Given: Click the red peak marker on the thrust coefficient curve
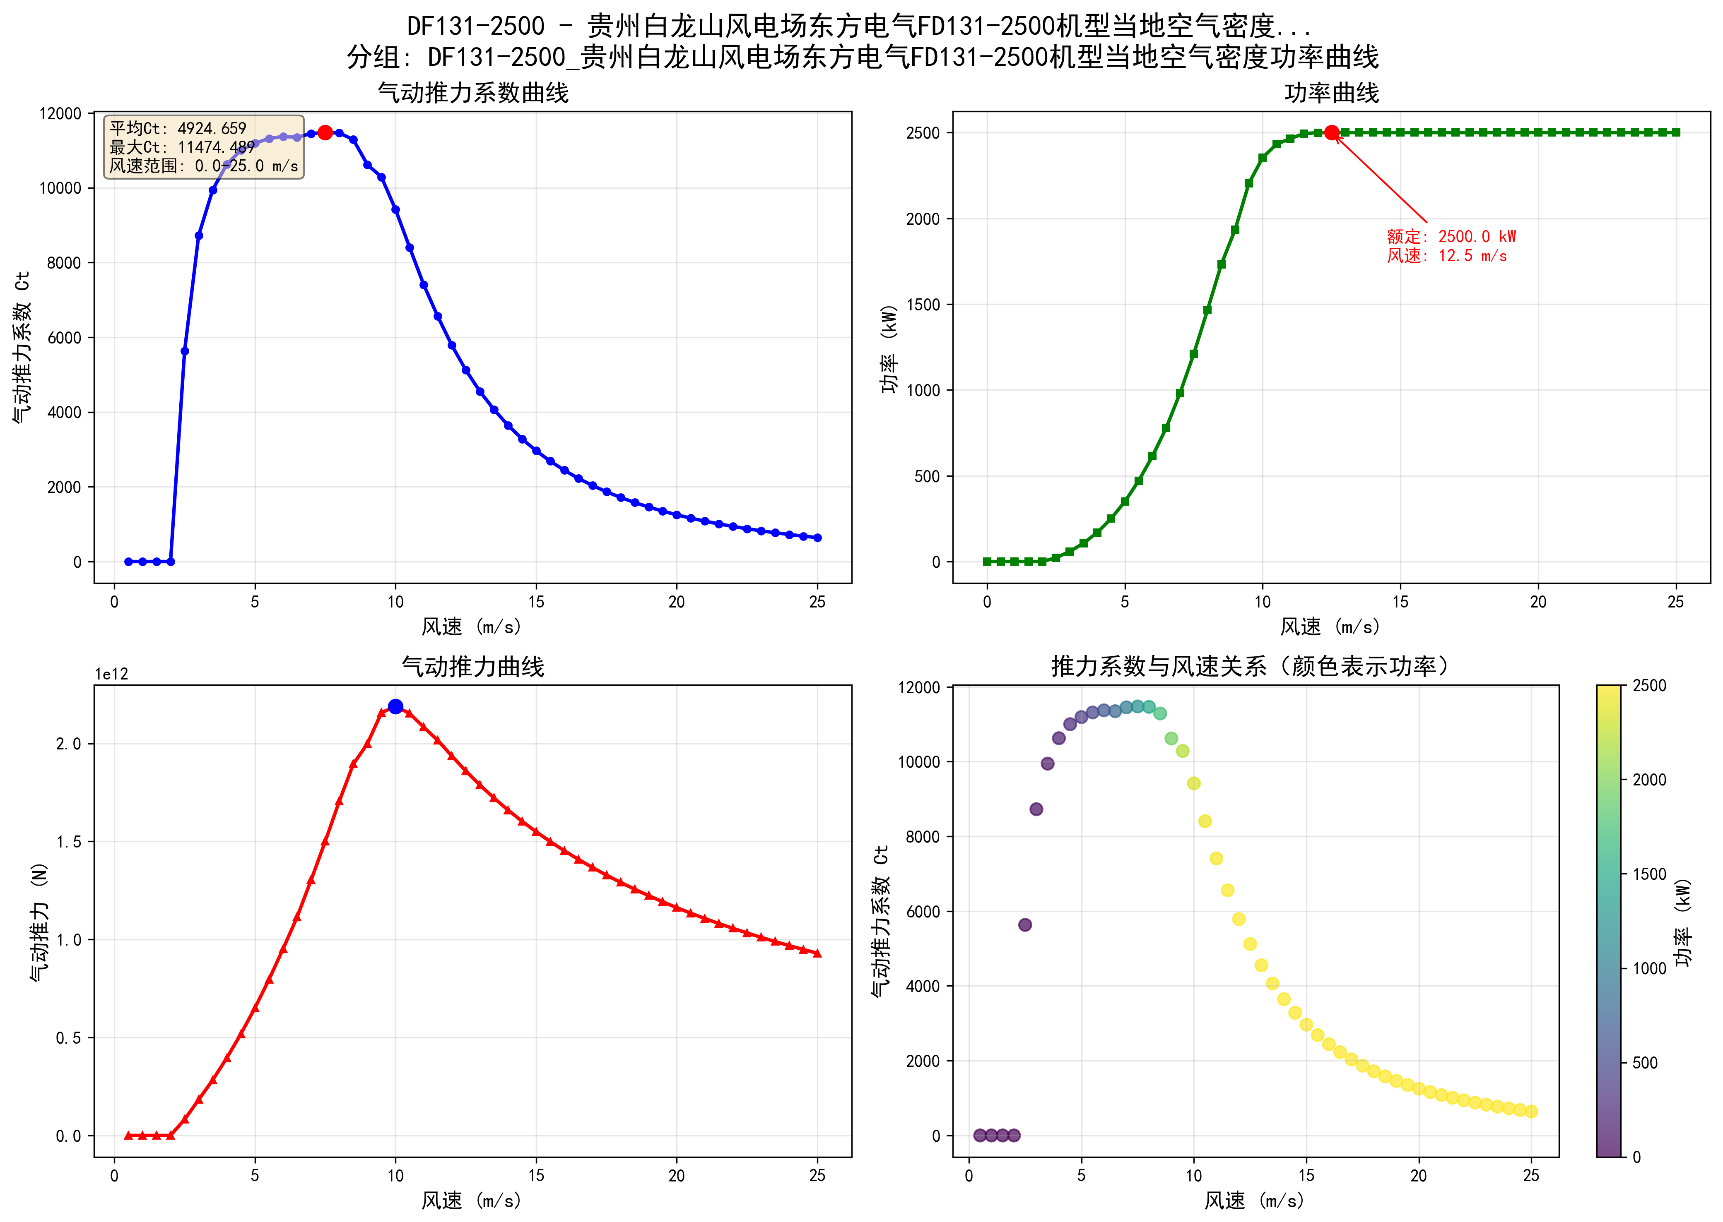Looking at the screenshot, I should pos(324,132).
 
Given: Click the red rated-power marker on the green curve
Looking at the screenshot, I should pos(1331,132).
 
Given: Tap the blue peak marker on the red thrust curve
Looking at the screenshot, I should pos(395,706).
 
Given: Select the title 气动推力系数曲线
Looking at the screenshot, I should pos(473,93).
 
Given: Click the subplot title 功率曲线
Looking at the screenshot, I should pos(1331,93).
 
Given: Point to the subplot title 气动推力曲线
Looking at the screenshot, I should pos(473,667).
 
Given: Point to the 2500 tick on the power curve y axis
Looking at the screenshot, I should pos(923,133).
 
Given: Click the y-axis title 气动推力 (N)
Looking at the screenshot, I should pos(39,922).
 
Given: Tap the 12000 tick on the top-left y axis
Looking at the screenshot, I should pos(60,114).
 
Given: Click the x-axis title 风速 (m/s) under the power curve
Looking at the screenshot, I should pos(1331,626).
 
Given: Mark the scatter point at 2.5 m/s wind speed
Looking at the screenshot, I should pos(1024,925).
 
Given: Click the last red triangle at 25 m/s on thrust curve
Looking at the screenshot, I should pos(817,953).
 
